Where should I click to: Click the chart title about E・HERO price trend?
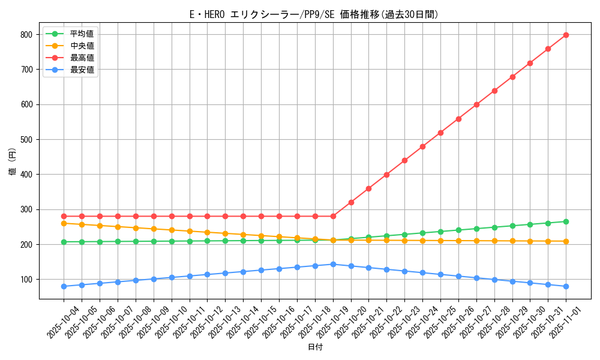(314, 14)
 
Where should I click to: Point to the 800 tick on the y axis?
(26, 35)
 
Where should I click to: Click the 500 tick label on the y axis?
(26, 140)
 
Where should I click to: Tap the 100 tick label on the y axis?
(26, 280)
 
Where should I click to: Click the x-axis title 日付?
(315, 347)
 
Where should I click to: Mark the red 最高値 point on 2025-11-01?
(566, 35)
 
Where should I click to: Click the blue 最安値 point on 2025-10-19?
(333, 264)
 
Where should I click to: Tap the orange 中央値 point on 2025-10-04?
(64, 223)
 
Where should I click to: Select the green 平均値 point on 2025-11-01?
(566, 221)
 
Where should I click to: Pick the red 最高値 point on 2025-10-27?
(476, 104)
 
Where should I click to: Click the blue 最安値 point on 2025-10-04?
(64, 286)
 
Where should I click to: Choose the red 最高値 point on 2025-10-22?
(386, 175)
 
